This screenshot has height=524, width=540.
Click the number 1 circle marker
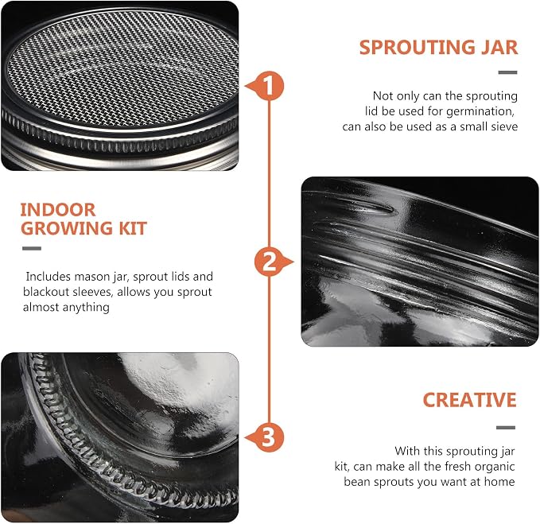point(270,86)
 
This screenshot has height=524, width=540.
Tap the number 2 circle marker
point(270,262)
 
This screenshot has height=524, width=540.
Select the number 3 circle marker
point(270,438)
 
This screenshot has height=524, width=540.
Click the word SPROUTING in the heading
point(417,47)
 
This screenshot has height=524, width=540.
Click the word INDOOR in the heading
point(58,210)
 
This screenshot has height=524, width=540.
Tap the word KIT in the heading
point(133,228)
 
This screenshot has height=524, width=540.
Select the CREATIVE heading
point(469,400)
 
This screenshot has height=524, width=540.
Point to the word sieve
point(503,126)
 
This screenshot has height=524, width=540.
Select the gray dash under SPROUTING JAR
point(507,72)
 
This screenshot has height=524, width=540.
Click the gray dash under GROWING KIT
point(32,248)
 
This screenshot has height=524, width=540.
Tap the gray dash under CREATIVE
point(506,428)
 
